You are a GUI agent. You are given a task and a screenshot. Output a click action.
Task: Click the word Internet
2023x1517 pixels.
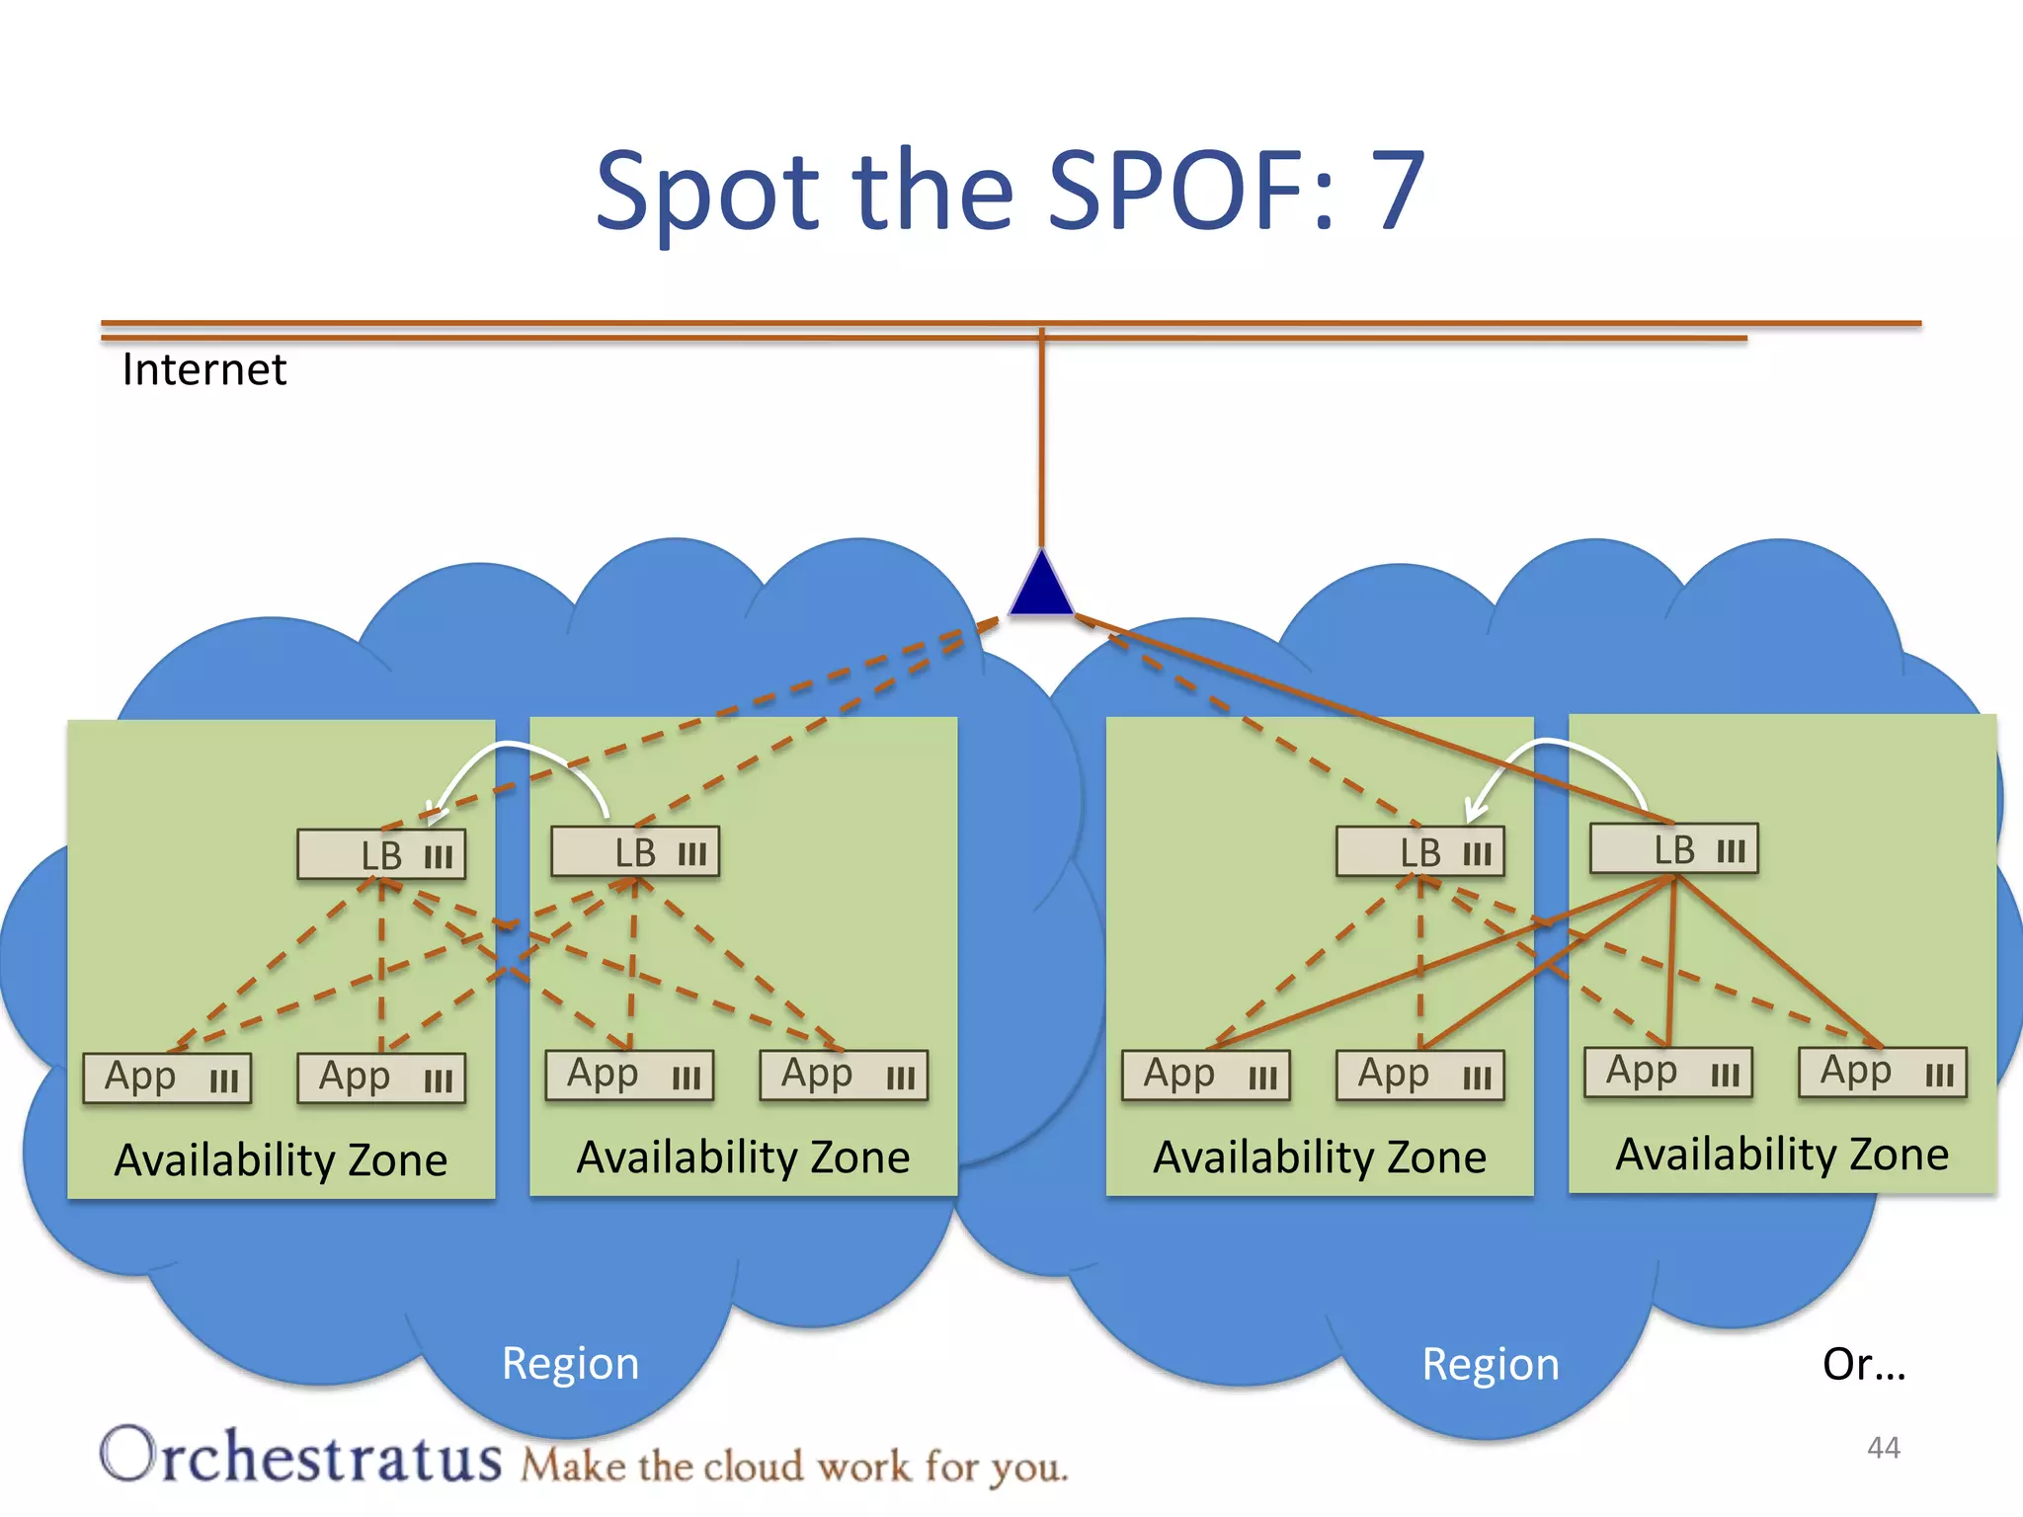[x=203, y=369]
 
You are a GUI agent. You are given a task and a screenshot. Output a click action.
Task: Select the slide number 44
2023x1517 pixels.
[x=1883, y=1448]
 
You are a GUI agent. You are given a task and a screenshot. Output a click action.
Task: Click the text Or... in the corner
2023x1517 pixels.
[x=1863, y=1364]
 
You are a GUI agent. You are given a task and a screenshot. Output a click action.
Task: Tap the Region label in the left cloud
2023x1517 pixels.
[x=570, y=1363]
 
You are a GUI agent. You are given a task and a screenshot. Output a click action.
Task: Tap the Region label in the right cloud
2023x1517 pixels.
[x=1490, y=1364]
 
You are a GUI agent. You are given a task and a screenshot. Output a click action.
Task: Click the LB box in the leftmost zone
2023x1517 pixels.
[x=382, y=855]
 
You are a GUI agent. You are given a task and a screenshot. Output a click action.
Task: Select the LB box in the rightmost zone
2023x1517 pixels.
[x=1674, y=849]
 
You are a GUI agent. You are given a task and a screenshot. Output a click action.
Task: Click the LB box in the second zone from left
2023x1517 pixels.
[x=635, y=852]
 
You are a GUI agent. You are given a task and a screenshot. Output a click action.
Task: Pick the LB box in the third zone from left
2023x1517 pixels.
[x=1419, y=852]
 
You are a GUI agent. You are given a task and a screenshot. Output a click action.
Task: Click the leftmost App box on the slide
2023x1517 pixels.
[x=167, y=1078]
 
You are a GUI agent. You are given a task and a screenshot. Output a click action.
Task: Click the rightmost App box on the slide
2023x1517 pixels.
[x=1882, y=1073]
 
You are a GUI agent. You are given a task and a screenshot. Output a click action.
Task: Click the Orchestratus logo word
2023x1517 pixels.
[x=301, y=1456]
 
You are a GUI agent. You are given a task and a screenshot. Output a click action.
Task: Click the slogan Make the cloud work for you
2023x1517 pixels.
[x=794, y=1466]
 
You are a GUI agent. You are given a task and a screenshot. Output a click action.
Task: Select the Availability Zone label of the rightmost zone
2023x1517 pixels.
[x=1782, y=1154]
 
